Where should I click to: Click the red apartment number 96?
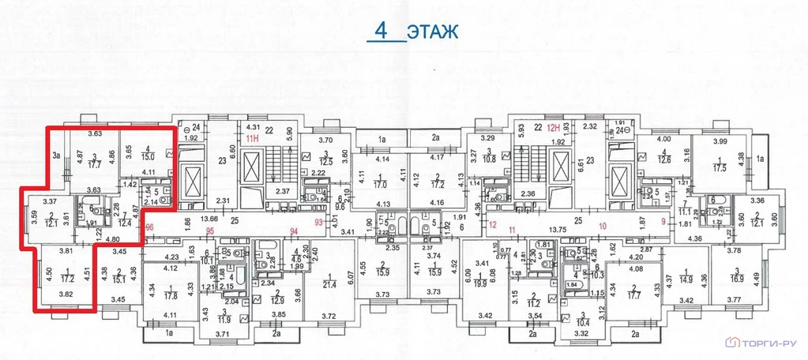(x=149, y=227)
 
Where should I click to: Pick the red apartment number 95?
(x=210, y=231)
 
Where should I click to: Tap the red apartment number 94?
(x=294, y=231)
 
